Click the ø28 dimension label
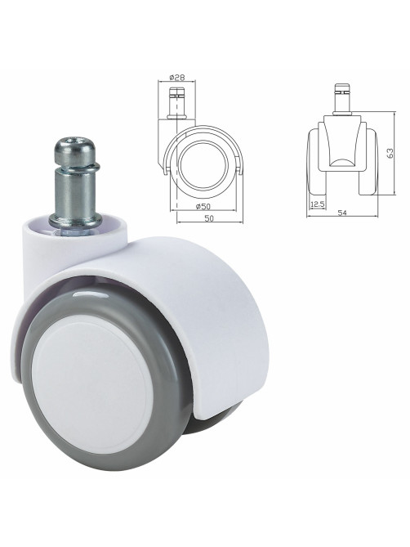click(176, 77)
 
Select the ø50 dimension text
click(203, 206)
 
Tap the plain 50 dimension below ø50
click(208, 218)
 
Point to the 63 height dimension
click(390, 154)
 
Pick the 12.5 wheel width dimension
click(317, 204)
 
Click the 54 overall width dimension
click(342, 213)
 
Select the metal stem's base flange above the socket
click(75, 220)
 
